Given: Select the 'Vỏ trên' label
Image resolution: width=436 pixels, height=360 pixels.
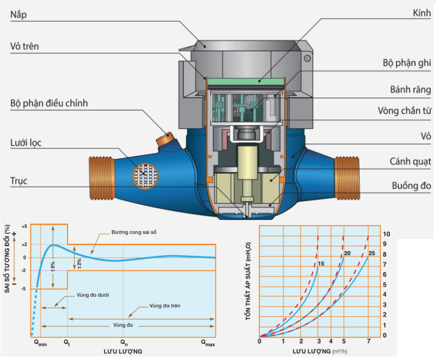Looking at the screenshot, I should (24, 47).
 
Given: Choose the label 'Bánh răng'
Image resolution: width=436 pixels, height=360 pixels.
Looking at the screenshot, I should (410, 90).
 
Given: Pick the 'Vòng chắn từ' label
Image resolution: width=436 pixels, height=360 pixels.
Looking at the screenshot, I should (405, 111).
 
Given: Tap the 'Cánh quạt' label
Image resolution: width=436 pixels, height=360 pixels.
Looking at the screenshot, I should (410, 161).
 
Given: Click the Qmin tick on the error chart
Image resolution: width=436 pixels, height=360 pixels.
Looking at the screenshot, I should (39, 344).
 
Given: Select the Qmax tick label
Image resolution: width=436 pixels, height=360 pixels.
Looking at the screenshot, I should (207, 344).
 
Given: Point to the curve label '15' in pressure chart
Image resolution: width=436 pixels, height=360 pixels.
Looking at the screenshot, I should (320, 265).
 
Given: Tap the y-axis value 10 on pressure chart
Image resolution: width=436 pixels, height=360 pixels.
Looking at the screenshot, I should (385, 234).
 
